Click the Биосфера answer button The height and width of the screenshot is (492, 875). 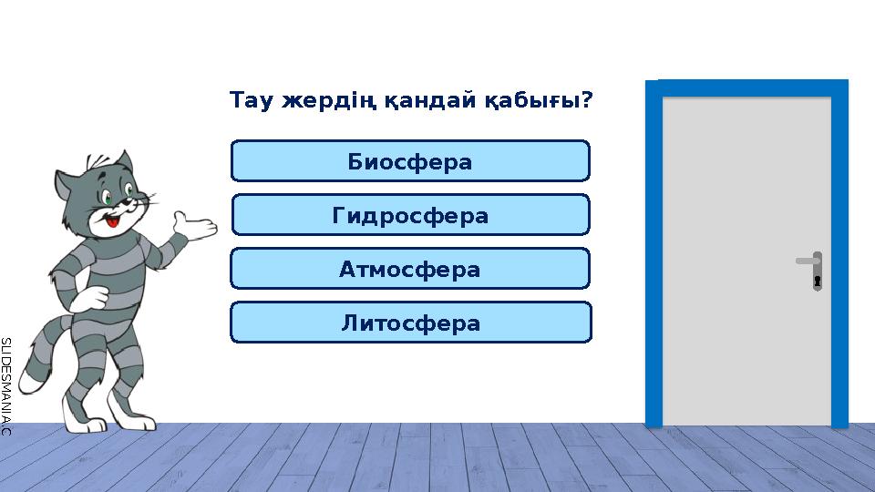point(410,161)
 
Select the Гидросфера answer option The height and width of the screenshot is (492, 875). point(410,215)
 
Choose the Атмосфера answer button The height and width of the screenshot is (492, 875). point(410,269)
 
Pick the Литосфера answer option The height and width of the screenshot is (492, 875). point(410,323)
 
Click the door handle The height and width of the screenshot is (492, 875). point(808,261)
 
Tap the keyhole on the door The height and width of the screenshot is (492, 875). point(818,281)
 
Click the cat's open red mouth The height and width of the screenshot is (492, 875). point(112,220)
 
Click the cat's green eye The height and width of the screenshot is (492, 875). point(108,197)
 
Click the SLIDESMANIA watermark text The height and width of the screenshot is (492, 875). point(5,384)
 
